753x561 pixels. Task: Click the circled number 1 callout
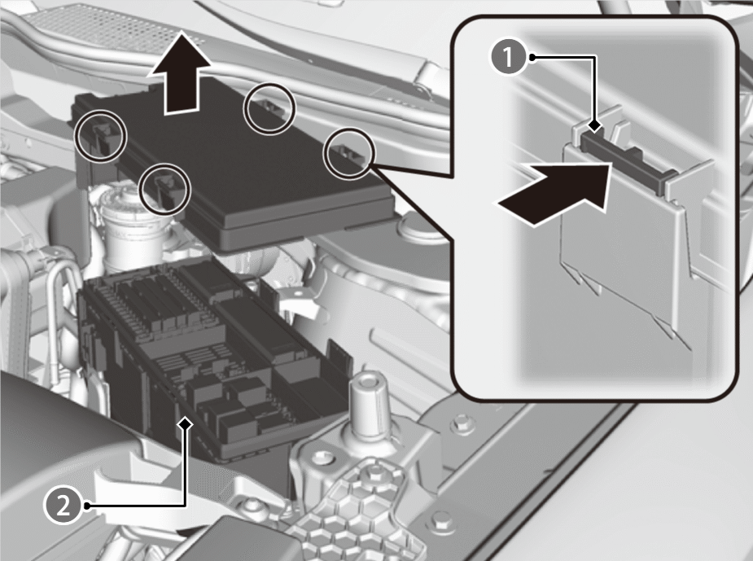click(x=508, y=57)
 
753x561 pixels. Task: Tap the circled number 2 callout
click(x=63, y=506)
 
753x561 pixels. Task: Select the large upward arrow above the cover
click(x=180, y=73)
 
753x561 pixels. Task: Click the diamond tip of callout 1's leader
click(x=596, y=126)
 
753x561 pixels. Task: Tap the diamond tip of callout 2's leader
click(x=185, y=423)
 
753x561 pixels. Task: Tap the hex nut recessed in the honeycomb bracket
click(x=372, y=476)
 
